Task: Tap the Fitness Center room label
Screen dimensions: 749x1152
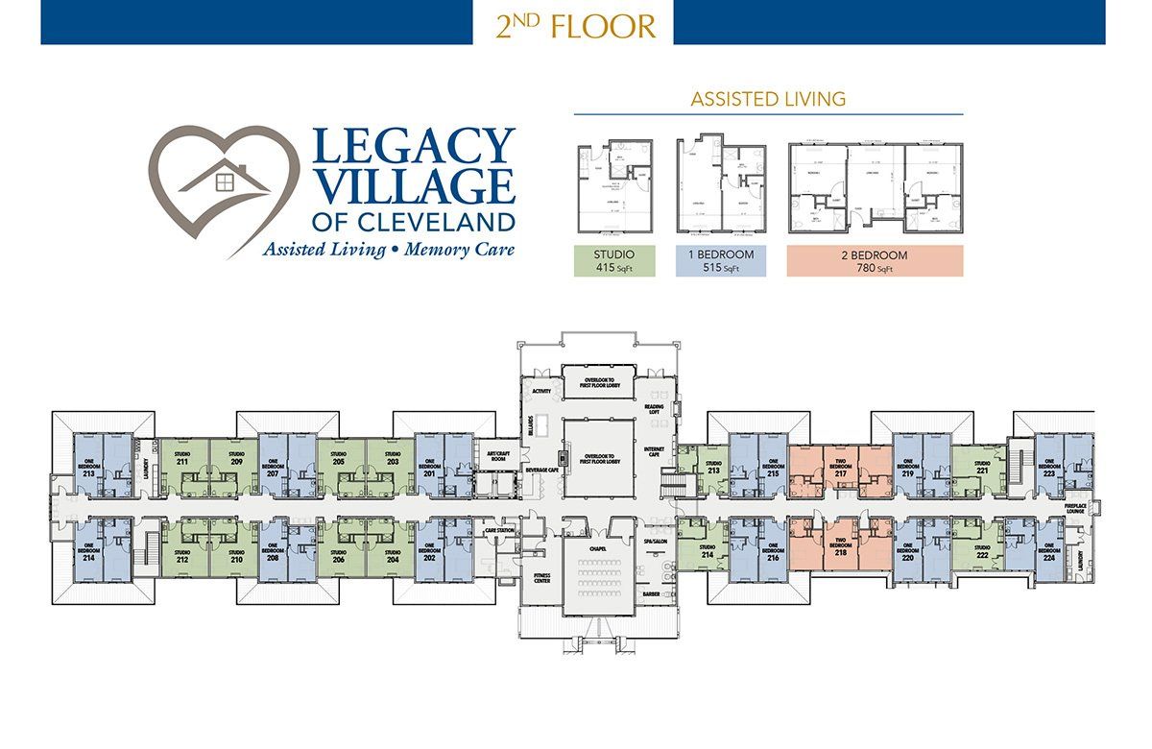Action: coord(540,577)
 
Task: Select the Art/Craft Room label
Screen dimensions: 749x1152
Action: coord(496,457)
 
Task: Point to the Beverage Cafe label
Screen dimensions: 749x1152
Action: coord(541,470)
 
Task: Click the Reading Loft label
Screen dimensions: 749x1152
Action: coord(655,410)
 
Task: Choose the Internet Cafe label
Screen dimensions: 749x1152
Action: coord(655,450)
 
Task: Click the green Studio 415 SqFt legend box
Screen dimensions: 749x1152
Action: coord(613,261)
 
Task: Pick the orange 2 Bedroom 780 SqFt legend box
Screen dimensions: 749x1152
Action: coord(875,261)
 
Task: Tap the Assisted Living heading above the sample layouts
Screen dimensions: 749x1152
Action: coord(768,98)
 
